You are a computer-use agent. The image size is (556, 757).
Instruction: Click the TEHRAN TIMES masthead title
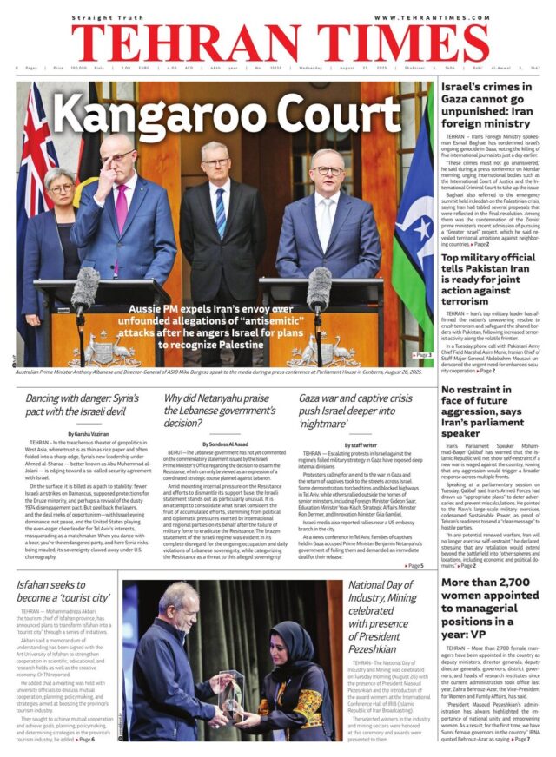(x=278, y=42)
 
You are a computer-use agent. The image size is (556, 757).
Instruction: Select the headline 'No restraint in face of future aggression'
(x=488, y=411)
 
